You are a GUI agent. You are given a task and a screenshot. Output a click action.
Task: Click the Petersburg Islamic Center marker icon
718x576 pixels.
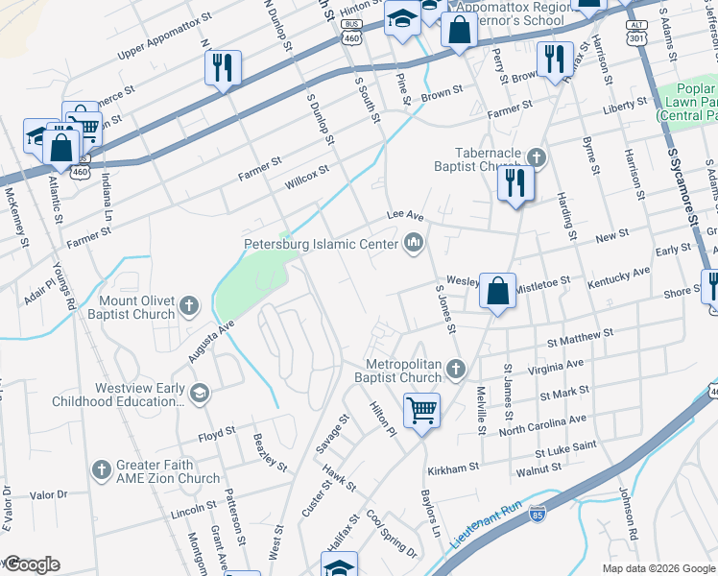414,243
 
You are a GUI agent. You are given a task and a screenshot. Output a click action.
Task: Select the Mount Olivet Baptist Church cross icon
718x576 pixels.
189,305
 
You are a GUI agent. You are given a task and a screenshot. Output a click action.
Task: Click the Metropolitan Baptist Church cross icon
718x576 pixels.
458,369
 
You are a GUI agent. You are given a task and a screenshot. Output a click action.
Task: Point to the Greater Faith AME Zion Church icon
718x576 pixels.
102,469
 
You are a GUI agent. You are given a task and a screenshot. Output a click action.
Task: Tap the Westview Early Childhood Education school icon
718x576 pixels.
199,392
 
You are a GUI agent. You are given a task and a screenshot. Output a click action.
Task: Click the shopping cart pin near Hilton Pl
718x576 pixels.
421,411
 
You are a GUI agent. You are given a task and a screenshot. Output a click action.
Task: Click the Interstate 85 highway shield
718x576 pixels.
538,514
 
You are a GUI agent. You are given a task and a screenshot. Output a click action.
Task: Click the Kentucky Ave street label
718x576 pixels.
618,277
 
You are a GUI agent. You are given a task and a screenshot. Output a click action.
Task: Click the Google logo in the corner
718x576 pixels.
32,564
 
